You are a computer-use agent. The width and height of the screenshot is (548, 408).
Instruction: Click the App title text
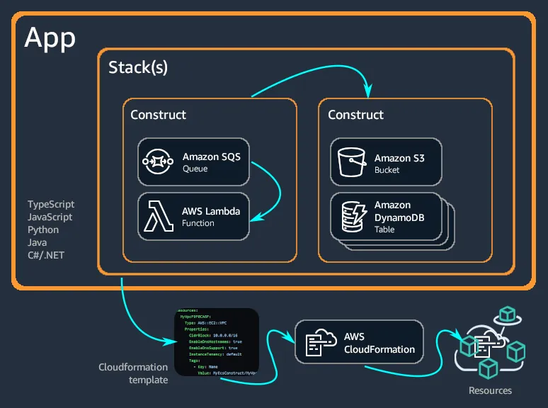pyautogui.click(x=50, y=38)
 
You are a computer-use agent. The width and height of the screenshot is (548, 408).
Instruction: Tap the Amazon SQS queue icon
pyautogui.click(x=159, y=161)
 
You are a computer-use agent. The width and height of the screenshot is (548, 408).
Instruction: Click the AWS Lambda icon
pyautogui.click(x=159, y=216)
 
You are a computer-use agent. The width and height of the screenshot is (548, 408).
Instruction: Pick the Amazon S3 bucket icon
pyautogui.click(x=350, y=162)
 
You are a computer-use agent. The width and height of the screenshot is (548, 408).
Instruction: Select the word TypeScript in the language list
pyautogui.click(x=51, y=205)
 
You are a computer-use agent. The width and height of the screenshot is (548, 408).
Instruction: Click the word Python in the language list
pyautogui.click(x=43, y=230)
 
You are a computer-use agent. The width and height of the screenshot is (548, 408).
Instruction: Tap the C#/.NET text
pyautogui.click(x=46, y=255)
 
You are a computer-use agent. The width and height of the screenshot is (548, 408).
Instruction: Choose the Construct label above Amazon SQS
pyautogui.click(x=159, y=115)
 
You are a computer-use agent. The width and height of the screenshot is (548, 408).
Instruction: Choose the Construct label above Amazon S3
pyautogui.click(x=355, y=115)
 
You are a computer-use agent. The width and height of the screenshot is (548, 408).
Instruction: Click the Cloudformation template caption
pyautogui.click(x=133, y=373)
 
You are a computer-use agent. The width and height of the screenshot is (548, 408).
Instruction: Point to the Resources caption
pyautogui.click(x=490, y=390)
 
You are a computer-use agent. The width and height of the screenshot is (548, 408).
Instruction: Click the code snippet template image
pyautogui.click(x=216, y=341)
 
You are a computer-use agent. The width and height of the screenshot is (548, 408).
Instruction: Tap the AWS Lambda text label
pyautogui.click(x=211, y=211)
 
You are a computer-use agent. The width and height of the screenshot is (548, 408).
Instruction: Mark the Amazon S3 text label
pyautogui.click(x=399, y=159)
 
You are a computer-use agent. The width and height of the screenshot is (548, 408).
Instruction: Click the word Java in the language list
pyautogui.click(x=38, y=242)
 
